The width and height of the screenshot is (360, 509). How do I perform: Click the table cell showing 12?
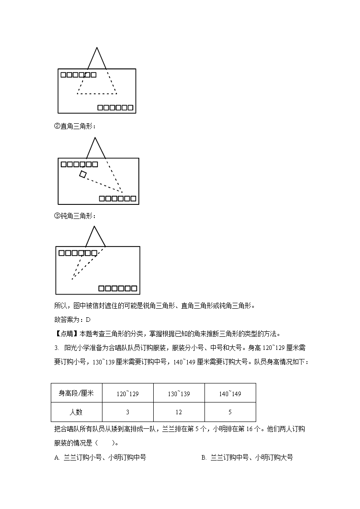(x=179, y=412)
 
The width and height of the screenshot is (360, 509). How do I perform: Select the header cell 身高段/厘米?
(x=76, y=393)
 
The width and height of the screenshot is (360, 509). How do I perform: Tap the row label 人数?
(x=76, y=412)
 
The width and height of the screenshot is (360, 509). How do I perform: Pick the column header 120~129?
(x=127, y=393)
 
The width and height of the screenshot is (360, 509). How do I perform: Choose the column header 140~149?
(x=230, y=393)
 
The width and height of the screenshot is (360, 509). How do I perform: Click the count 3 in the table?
(x=127, y=412)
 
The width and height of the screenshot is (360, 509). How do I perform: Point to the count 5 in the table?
(x=230, y=412)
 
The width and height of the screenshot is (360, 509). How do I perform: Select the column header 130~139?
(x=179, y=393)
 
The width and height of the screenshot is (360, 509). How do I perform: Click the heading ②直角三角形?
(x=75, y=126)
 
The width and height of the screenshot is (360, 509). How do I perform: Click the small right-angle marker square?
(x=83, y=174)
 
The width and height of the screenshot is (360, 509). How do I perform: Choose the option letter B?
(x=204, y=458)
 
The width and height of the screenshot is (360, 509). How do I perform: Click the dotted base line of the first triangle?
(x=97, y=94)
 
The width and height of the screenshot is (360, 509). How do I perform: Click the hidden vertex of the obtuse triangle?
(x=72, y=279)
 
